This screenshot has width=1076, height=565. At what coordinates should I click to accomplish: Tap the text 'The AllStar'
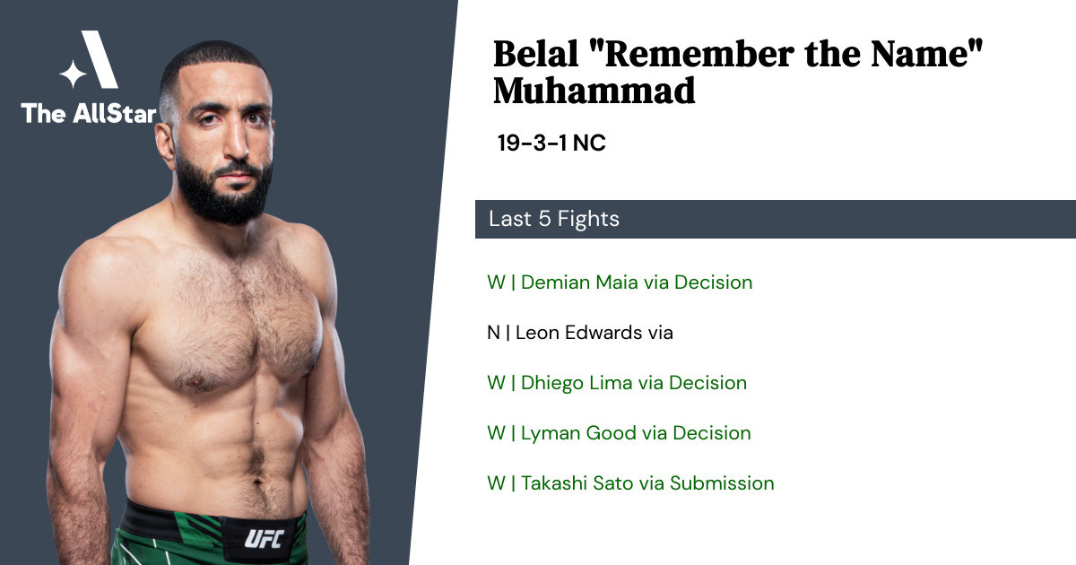(89, 113)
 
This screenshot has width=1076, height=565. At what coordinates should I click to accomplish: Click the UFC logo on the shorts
(264, 538)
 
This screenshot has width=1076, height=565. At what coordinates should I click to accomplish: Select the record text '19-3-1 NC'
(551, 143)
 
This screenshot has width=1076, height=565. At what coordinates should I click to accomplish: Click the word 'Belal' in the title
(535, 54)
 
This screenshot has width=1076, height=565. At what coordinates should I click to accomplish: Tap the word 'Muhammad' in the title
(594, 91)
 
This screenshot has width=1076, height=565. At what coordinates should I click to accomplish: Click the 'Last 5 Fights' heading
(554, 219)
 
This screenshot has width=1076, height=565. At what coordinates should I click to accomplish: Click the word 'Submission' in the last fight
(722, 483)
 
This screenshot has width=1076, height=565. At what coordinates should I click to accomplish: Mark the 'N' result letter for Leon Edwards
(493, 333)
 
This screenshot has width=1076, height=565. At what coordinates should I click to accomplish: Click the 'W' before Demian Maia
(496, 282)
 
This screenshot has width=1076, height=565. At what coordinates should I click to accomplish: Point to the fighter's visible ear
(165, 145)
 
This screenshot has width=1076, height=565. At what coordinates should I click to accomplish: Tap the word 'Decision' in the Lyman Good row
(711, 433)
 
